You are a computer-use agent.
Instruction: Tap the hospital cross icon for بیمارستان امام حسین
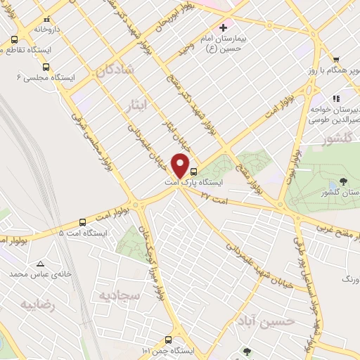[224, 28]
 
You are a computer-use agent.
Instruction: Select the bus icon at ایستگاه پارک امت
[194, 172]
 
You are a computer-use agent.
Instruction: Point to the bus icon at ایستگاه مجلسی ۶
[46, 67]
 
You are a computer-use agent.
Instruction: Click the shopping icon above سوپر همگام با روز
[337, 60]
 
